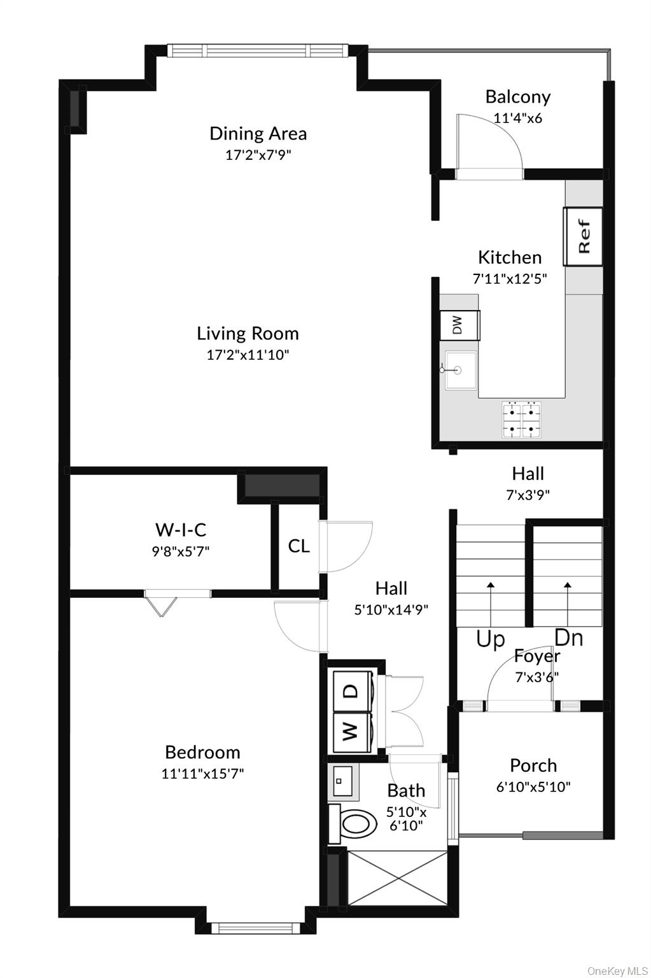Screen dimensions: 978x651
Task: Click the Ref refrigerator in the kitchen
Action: coord(583,237)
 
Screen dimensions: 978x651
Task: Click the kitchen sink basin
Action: coord(462,369)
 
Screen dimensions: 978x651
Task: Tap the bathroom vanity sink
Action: coord(344,781)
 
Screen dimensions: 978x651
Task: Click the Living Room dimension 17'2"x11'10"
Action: coord(248,355)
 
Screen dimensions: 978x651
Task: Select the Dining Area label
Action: coord(258,134)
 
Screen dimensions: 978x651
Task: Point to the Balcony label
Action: coord(517,97)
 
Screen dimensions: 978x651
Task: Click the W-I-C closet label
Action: coord(181,530)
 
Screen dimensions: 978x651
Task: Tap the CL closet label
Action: coord(298,546)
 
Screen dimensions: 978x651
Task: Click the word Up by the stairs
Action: coord(490,639)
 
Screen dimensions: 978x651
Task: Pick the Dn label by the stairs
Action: coord(568,637)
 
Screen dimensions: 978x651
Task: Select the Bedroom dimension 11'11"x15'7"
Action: coord(202,774)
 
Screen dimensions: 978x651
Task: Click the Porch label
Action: coord(533,765)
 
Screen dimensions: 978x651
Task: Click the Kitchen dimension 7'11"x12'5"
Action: coord(510,278)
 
